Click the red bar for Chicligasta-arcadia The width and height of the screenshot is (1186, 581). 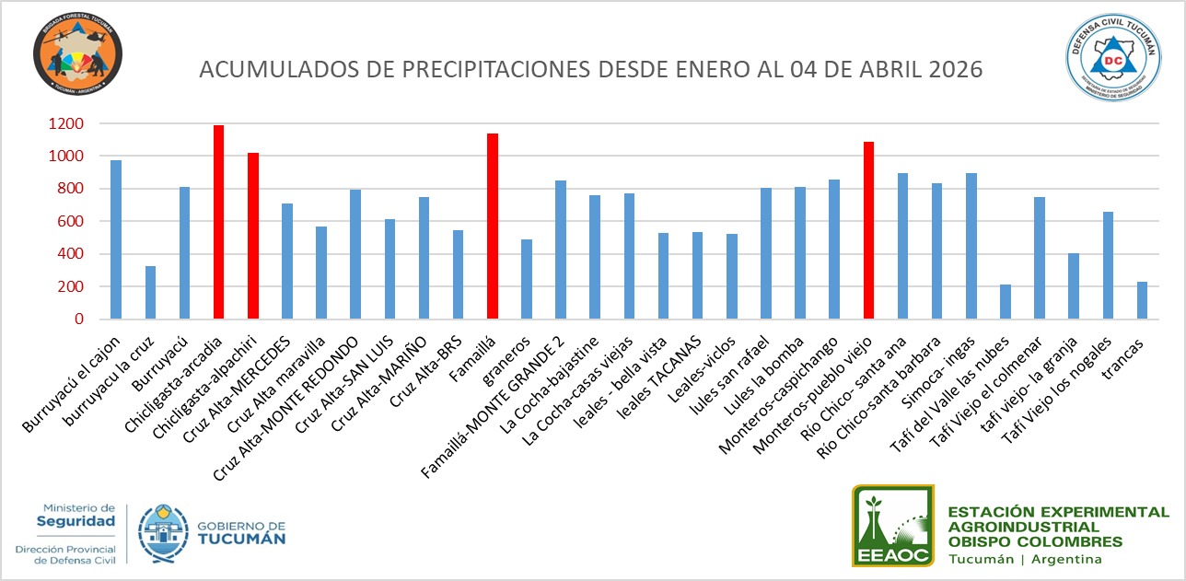point(219,222)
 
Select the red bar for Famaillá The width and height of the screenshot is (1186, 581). point(493,227)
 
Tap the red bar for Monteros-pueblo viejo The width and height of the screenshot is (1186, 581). point(868,230)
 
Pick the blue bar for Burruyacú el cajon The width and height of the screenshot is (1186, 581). point(116,239)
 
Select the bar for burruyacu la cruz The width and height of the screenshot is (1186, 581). point(150,292)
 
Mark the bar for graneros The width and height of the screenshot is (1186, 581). point(527,279)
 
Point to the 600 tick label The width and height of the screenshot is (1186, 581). point(70,222)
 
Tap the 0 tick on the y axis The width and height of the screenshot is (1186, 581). point(80,320)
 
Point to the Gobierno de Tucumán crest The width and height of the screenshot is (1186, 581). point(163,533)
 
